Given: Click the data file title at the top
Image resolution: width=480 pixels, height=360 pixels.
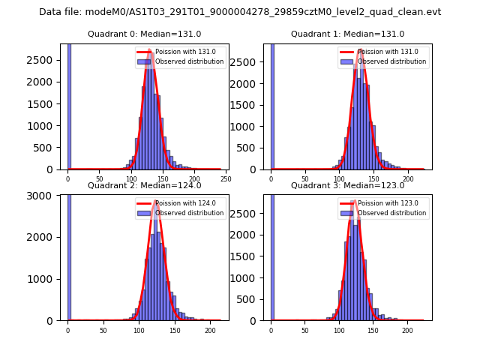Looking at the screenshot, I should tap(240, 12).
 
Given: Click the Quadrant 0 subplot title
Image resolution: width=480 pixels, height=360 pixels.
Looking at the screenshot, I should tap(144, 34).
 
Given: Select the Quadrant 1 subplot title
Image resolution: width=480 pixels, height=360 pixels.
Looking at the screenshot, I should tap(347, 34).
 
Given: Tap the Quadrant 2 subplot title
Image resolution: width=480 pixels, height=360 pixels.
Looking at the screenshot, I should tap(144, 185).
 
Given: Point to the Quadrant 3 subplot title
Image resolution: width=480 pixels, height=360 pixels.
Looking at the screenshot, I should tap(347, 185).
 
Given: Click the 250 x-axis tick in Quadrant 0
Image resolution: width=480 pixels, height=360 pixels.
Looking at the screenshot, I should tap(225, 178).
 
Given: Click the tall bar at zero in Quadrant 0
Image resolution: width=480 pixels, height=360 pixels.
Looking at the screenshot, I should tap(69, 105).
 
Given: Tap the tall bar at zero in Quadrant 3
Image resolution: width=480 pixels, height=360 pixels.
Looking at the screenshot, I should tap(272, 255).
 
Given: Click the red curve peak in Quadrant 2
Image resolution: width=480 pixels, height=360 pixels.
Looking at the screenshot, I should tap(156, 201).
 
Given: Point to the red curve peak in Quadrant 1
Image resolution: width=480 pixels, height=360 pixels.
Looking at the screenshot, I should tap(361, 50).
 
